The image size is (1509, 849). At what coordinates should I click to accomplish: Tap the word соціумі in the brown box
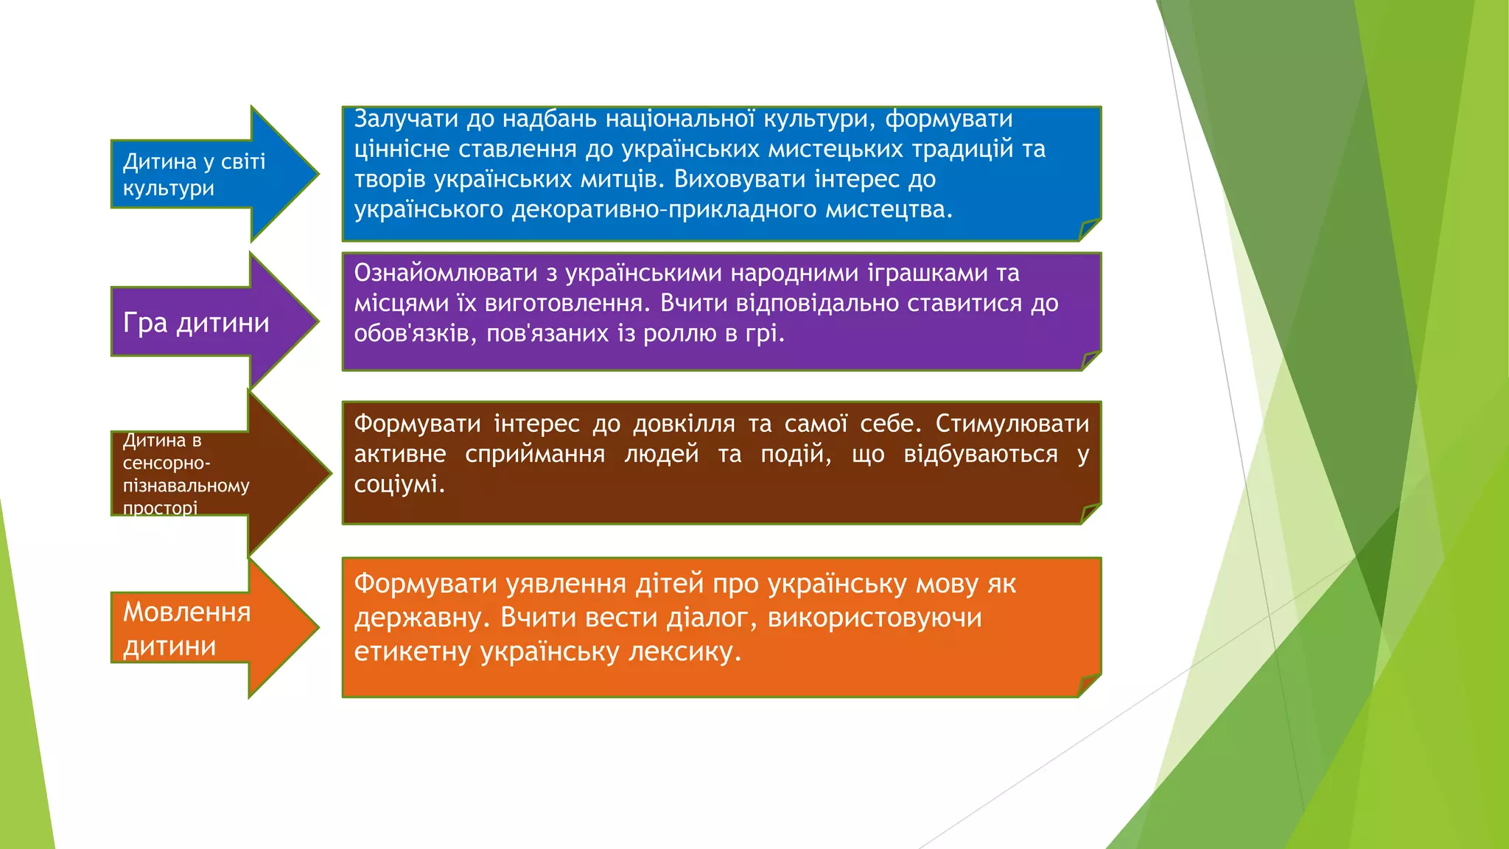click(399, 484)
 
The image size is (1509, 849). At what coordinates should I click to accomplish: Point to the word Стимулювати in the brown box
click(1012, 424)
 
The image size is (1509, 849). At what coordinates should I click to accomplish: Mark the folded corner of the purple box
click(1091, 360)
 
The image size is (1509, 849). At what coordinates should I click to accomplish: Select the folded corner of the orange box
click(1090, 685)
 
